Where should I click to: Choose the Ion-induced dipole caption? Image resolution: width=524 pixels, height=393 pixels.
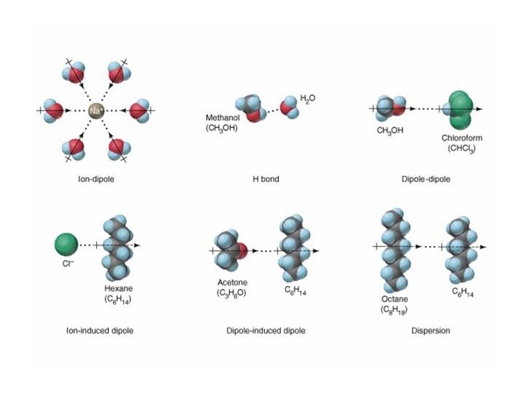98,330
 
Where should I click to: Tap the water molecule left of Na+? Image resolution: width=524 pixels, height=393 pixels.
53,111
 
